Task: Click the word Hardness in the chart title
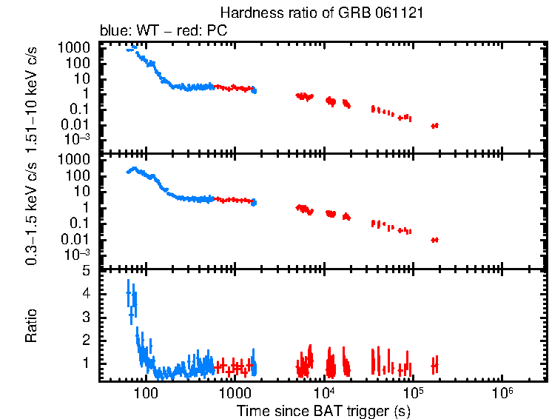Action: (x=244, y=13)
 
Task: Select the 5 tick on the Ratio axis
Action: (x=86, y=271)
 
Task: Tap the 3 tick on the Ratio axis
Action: (x=86, y=317)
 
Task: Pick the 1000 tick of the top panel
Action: (x=77, y=47)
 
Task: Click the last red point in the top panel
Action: (x=435, y=126)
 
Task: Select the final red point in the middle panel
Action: (x=435, y=239)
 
